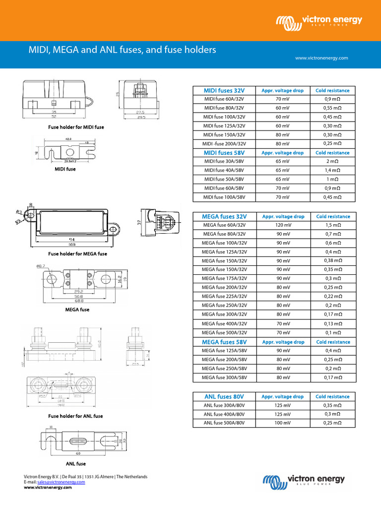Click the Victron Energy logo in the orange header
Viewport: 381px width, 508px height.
point(319,21)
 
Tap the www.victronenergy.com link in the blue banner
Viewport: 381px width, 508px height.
point(321,58)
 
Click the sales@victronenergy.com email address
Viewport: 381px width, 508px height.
point(57,482)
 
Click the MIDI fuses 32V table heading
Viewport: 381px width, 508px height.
point(224,90)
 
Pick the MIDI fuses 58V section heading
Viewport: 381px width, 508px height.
point(224,153)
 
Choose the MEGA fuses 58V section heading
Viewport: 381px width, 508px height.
point(224,342)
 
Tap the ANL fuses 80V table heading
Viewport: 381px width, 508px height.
point(224,396)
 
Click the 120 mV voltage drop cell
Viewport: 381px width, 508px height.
point(282,225)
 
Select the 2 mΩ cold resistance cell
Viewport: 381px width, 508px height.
point(332,162)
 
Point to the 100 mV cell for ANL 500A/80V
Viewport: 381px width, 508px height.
point(282,423)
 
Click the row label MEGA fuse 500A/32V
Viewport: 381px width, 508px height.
point(224,332)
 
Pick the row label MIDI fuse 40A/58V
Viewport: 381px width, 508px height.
point(224,170)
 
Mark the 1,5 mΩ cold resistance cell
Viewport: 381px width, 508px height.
point(332,225)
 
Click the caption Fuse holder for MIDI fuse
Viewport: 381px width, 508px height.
point(76,127)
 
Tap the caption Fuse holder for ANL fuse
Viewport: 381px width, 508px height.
point(76,416)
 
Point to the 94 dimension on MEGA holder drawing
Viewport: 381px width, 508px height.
point(72,239)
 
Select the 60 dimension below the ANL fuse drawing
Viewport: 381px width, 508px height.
point(78,453)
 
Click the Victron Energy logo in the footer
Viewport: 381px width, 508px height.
point(304,480)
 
